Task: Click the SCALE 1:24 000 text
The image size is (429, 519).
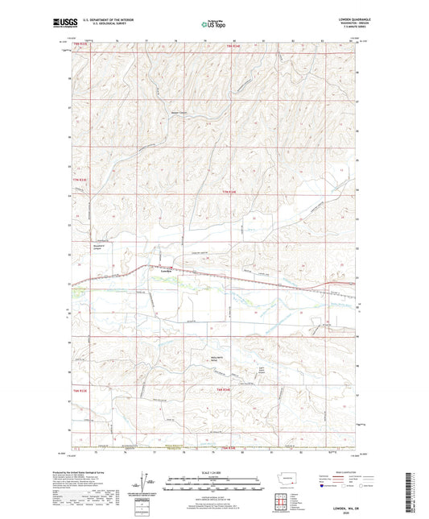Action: click(213, 472)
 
